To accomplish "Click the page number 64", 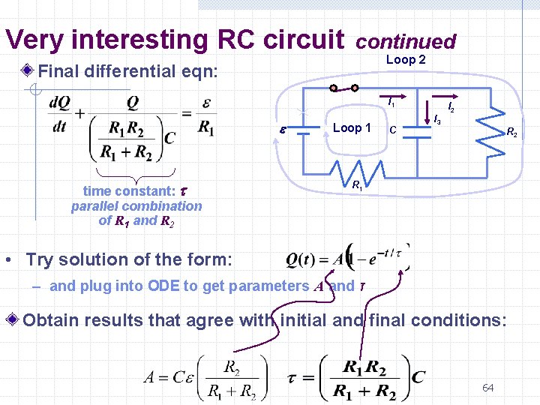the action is click(487, 388).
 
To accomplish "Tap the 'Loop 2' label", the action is click(406, 60).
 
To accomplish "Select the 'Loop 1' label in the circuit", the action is click(352, 127).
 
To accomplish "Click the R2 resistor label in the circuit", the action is click(511, 133).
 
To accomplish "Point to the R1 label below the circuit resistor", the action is click(358, 184).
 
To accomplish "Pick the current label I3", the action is click(437, 119).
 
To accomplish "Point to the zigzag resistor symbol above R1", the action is click(358, 166).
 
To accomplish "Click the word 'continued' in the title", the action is click(406, 42).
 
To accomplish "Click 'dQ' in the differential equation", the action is click(61, 103).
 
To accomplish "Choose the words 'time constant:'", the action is click(124, 191).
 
